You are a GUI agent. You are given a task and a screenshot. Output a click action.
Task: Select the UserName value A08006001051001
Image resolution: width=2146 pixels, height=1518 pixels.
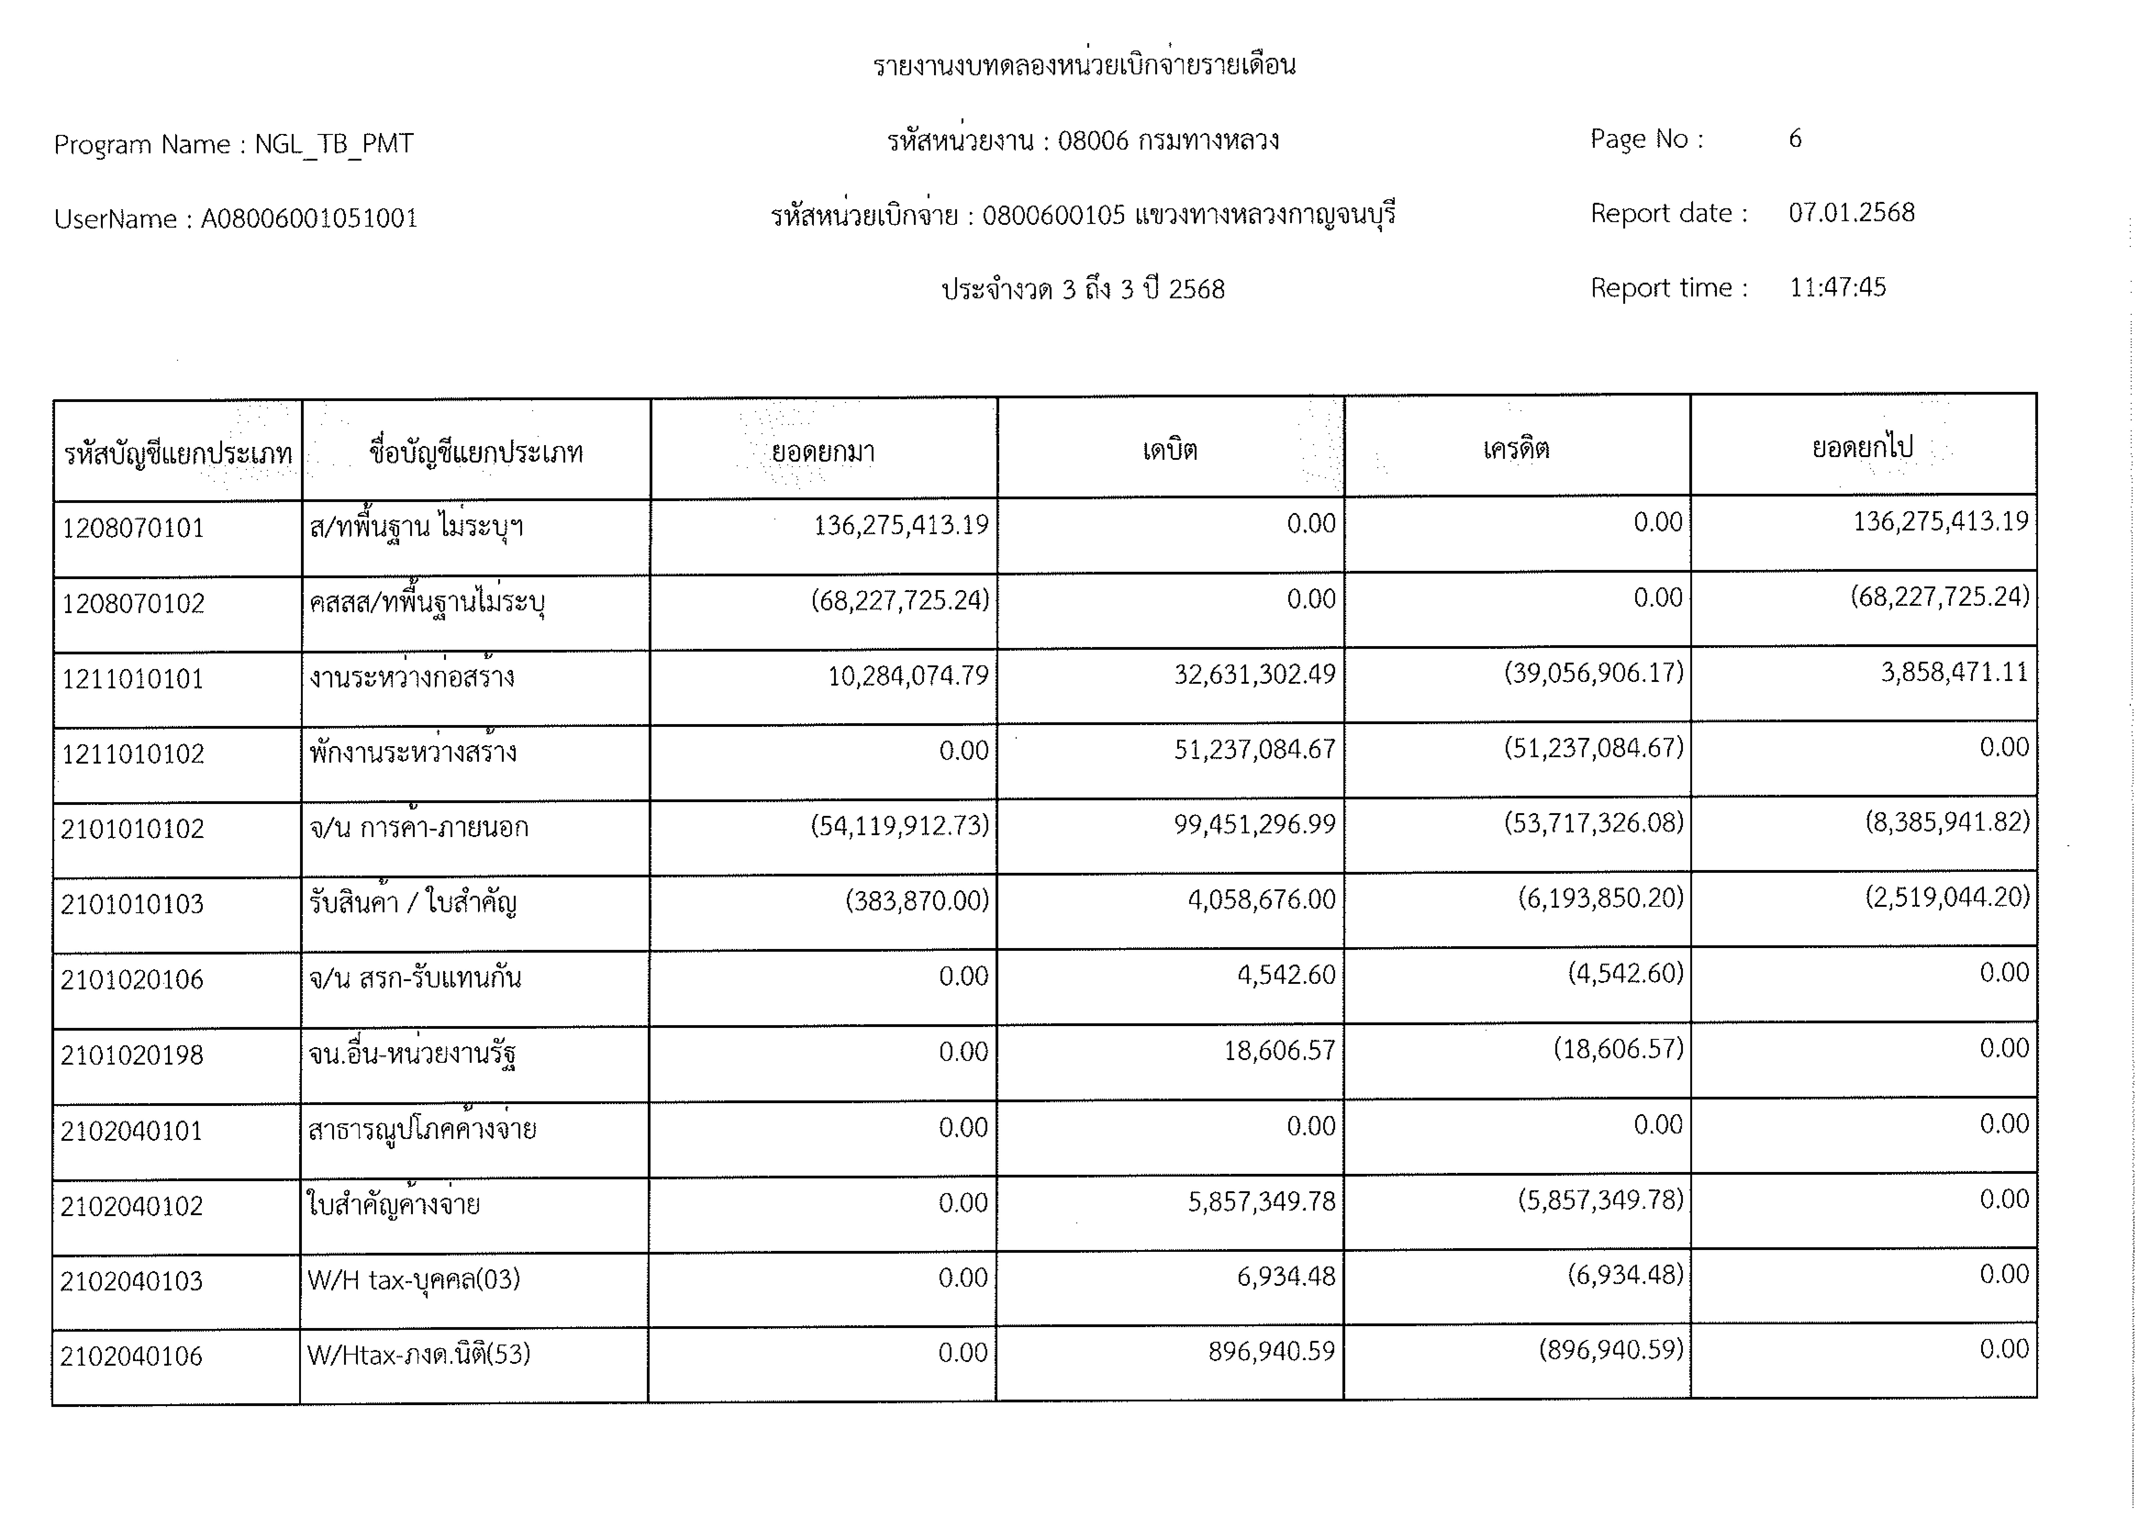[309, 219]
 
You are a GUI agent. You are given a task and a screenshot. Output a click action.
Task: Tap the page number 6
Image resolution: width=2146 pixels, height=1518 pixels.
[1795, 139]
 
